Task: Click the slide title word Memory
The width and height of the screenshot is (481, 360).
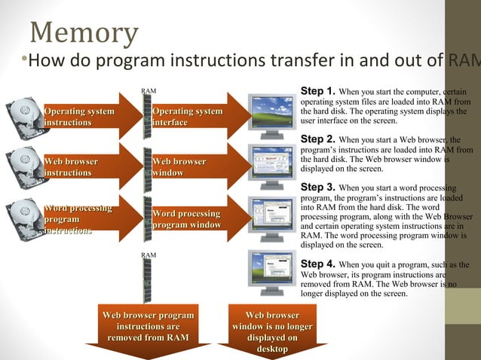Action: coord(84,33)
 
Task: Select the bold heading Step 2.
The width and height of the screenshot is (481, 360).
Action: coord(317,139)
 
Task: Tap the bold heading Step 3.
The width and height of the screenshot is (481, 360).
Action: coord(317,187)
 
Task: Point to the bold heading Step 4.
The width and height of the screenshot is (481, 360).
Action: coord(317,264)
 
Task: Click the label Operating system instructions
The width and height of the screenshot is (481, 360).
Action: coord(78,117)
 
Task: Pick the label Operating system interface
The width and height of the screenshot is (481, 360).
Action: coord(187,117)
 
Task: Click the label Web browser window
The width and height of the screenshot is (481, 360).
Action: coord(179,167)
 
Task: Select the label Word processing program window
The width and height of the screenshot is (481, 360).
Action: coord(186,219)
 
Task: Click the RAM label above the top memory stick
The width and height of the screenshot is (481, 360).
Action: coord(149,91)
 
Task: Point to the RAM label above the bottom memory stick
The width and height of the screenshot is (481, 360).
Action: coord(149,256)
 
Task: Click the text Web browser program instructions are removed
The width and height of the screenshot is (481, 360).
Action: coord(148,326)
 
